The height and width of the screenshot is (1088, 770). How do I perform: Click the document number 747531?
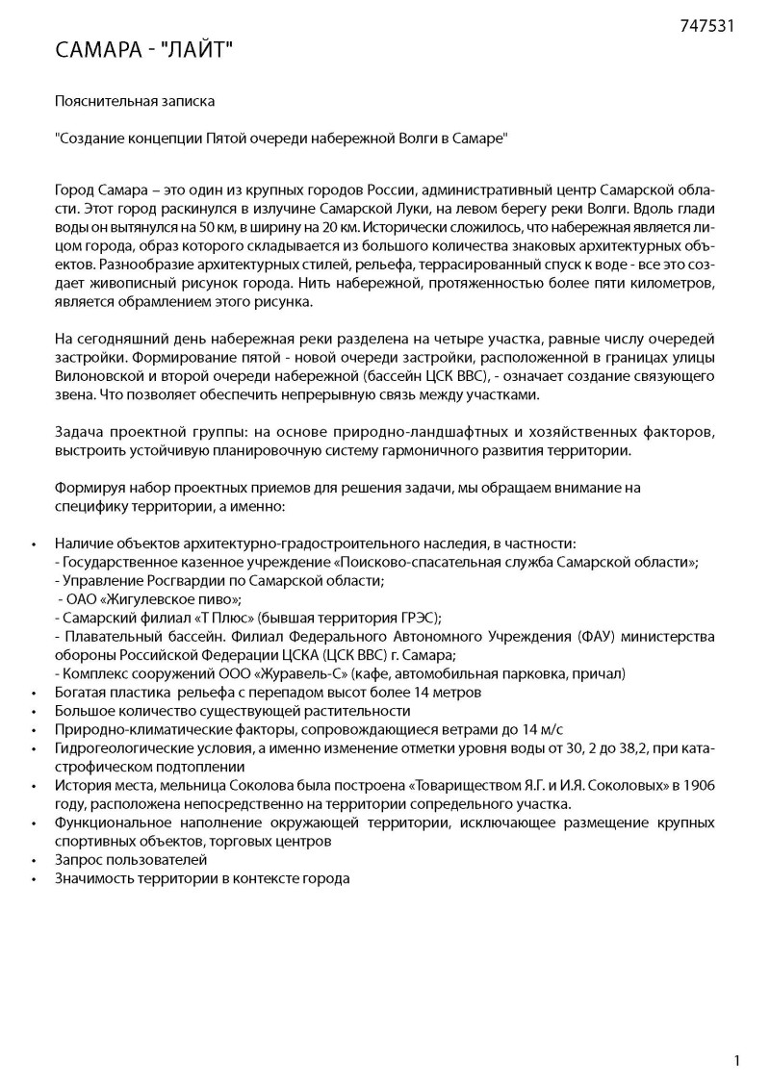point(706,26)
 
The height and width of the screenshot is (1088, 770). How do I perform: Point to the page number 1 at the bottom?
point(736,1061)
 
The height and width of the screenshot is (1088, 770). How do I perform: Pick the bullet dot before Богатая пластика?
point(34,693)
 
